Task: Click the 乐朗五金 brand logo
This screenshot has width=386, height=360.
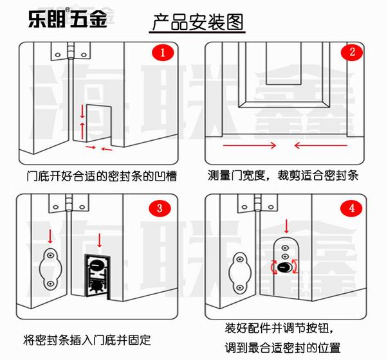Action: point(67,19)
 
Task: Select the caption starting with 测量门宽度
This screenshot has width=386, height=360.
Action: point(283,175)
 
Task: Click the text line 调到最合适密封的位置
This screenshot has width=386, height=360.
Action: point(283,346)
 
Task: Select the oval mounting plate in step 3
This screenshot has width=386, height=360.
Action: point(50,268)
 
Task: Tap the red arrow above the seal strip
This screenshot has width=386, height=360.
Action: point(99,242)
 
